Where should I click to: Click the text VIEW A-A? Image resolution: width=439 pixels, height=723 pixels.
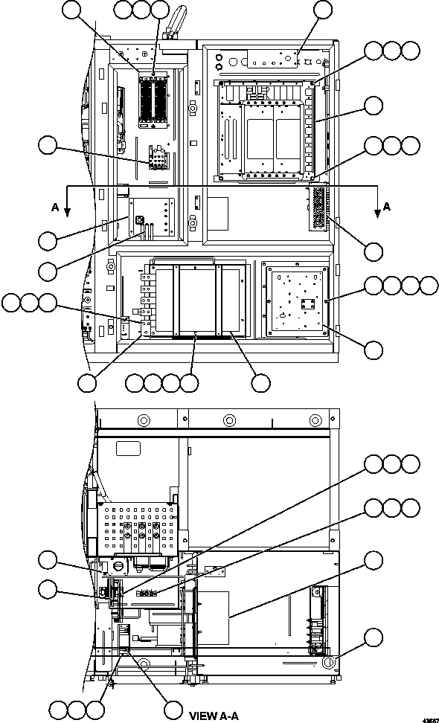(214, 716)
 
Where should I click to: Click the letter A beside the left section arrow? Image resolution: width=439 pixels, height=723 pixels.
(55, 208)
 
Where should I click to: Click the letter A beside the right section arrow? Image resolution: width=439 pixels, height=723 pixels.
(386, 207)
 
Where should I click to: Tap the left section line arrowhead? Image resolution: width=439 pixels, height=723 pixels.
(67, 212)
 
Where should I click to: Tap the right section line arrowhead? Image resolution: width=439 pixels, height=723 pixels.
(377, 213)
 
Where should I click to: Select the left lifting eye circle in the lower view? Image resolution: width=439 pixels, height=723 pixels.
(144, 420)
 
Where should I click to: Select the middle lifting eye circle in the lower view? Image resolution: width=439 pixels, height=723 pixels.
(230, 420)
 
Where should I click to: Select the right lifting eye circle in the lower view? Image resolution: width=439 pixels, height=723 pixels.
(315, 420)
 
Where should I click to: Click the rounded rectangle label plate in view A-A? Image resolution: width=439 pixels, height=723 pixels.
(128, 449)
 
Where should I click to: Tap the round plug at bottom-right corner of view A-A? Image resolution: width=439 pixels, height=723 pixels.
(328, 663)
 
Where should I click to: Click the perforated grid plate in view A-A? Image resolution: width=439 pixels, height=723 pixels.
(138, 528)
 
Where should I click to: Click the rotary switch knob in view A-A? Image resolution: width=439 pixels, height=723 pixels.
(118, 566)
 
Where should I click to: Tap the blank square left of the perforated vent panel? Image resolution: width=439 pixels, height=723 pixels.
(218, 214)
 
